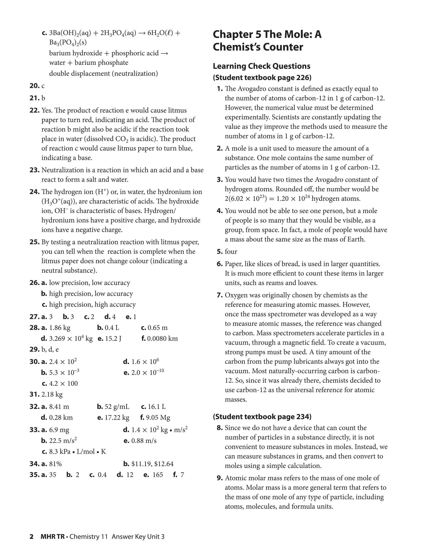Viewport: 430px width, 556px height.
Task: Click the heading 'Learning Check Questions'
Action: coord(261,66)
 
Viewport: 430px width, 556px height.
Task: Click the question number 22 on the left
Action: coord(34,111)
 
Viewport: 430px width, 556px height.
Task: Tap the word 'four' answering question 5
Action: coord(231,252)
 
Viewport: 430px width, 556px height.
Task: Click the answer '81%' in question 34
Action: coord(55,464)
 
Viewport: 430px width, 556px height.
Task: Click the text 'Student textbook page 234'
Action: coord(262,417)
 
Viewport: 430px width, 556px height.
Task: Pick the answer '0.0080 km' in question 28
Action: coord(163,339)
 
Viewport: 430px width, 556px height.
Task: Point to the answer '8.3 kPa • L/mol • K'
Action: coord(77,452)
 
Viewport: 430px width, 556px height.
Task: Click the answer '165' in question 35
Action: coord(158,475)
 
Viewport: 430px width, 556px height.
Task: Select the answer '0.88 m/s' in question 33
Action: coord(144,441)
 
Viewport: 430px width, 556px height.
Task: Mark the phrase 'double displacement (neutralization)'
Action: coord(104,74)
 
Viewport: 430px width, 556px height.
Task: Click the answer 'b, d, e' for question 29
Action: coord(50,350)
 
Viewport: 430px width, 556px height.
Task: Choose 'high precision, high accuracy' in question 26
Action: coord(92,304)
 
